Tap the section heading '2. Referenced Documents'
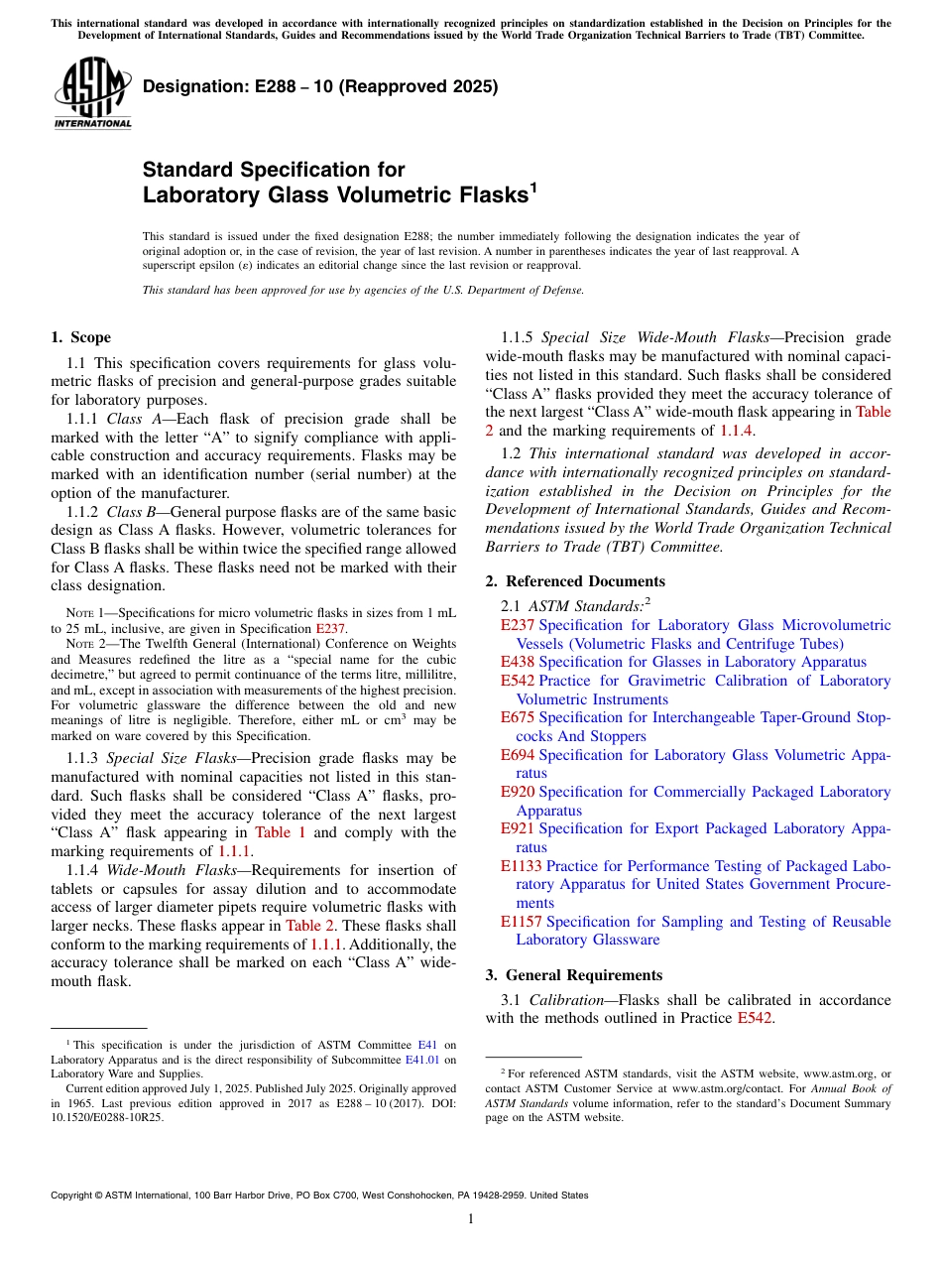coord(575,581)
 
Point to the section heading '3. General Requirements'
coord(574,975)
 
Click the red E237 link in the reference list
coord(518,625)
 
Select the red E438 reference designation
coord(518,662)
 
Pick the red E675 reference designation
coord(518,717)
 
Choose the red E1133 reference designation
coord(522,866)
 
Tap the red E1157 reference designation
coord(522,922)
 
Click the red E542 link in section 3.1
coord(755,1019)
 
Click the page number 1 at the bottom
coord(471,1219)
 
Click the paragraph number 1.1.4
coord(81,870)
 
